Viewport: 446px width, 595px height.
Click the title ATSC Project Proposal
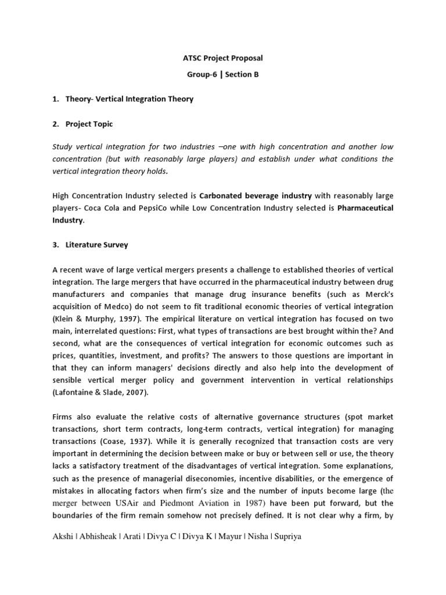(x=223, y=58)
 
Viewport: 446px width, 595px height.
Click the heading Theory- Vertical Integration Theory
(x=129, y=99)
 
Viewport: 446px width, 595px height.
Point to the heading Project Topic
(x=89, y=124)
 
